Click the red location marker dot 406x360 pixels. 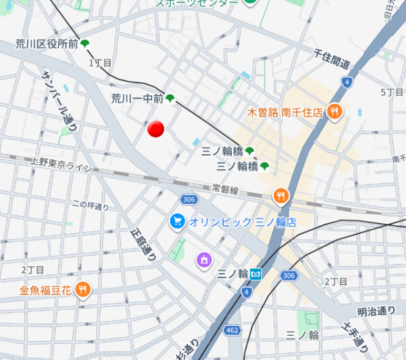pos(156,129)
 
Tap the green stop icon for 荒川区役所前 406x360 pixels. pos(85,44)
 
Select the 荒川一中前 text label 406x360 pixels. pos(137,99)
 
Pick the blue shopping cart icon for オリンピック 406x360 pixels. pos(177,221)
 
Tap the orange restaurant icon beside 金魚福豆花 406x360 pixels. pos(83,290)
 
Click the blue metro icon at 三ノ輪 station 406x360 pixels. pos(257,274)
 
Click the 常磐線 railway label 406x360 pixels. pos(224,190)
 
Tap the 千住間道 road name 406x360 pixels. pos(332,58)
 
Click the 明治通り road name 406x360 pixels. pos(376,310)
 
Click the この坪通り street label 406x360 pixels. pos(90,206)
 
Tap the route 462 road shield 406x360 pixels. pos(232,330)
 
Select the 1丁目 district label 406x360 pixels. pos(100,62)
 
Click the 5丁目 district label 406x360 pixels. pos(391,92)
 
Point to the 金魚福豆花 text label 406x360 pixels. pos(45,290)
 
